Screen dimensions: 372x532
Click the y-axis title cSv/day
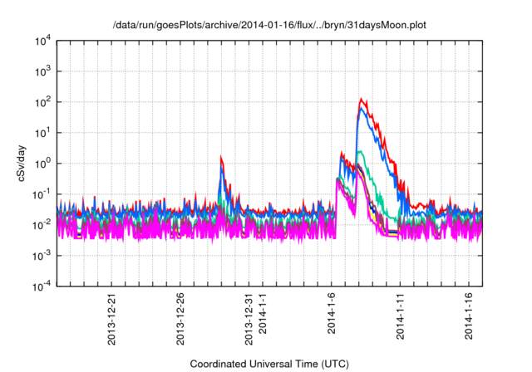pyautogui.click(x=21, y=162)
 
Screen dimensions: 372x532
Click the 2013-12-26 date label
pyautogui.click(x=180, y=315)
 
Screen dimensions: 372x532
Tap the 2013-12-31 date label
pyautogui.click(x=249, y=315)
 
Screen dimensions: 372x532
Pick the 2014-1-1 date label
pyautogui.click(x=264, y=311)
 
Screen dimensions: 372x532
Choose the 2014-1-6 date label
pyautogui.click(x=332, y=311)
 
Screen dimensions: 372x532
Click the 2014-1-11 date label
pyautogui.click(x=401, y=312)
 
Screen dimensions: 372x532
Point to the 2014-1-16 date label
pyautogui.click(x=470, y=312)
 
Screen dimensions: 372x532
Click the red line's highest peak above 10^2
pyautogui.click(x=362, y=99)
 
